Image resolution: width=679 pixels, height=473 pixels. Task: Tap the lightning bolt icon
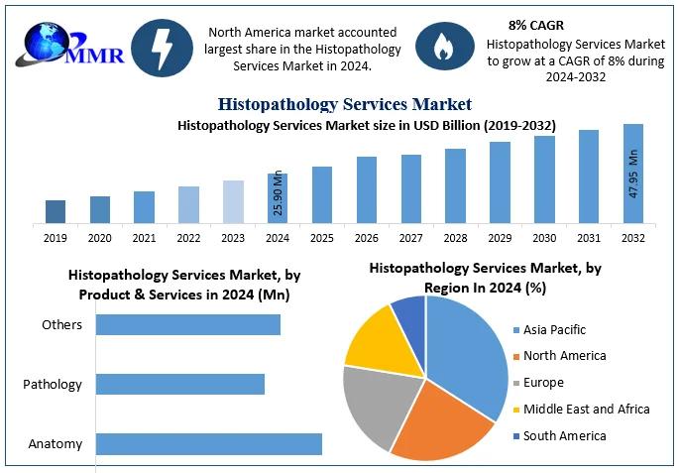coord(160,46)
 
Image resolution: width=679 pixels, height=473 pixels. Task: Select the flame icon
coord(442,46)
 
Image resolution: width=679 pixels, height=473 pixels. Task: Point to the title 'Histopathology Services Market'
coord(344,104)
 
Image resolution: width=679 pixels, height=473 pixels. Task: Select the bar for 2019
coord(56,211)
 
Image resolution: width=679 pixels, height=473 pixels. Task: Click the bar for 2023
coord(233,201)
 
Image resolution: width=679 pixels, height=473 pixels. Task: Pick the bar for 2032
coord(633,174)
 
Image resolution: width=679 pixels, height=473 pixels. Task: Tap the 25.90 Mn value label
coord(278,194)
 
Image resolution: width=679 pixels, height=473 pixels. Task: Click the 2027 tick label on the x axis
coord(411,238)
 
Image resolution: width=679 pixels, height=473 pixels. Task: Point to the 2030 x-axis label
coord(544,238)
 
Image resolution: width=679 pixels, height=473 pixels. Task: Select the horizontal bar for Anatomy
coord(209,444)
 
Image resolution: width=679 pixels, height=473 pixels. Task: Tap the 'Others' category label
coord(61,325)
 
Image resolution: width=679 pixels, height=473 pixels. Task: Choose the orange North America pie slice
coord(442,422)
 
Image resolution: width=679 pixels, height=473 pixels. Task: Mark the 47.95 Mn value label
coord(634,173)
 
